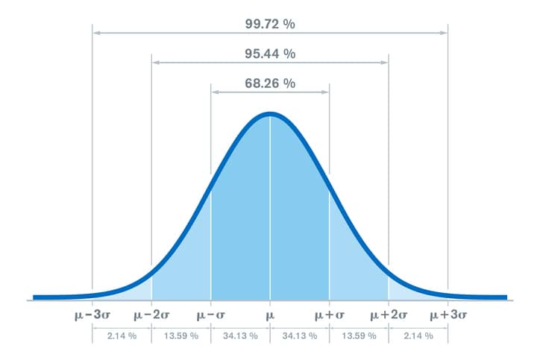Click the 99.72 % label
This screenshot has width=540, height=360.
click(270, 25)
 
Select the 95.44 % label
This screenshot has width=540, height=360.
click(270, 54)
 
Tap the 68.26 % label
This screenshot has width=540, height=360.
click(270, 83)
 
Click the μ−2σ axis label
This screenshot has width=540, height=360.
click(151, 316)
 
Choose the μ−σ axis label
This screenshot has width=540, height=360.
click(211, 316)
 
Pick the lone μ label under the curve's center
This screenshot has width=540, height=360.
click(270, 316)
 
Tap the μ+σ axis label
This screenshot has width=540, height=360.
click(329, 316)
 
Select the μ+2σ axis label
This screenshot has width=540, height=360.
click(389, 316)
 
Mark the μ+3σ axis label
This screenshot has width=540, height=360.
click(448, 316)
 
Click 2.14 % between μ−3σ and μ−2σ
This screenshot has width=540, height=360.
click(122, 336)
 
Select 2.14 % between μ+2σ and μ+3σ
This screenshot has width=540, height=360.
click(418, 336)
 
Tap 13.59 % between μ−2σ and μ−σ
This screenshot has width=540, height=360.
click(181, 336)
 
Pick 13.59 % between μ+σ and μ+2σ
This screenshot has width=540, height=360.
click(359, 336)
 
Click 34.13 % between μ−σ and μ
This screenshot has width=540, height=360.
click(240, 336)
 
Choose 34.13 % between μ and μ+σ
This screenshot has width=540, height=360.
click(300, 336)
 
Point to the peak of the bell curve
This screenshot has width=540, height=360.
click(270, 114)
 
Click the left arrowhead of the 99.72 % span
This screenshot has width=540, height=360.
click(95, 33)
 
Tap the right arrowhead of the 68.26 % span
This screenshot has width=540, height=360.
click(326, 92)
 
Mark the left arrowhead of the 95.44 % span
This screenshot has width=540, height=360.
click(154, 63)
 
